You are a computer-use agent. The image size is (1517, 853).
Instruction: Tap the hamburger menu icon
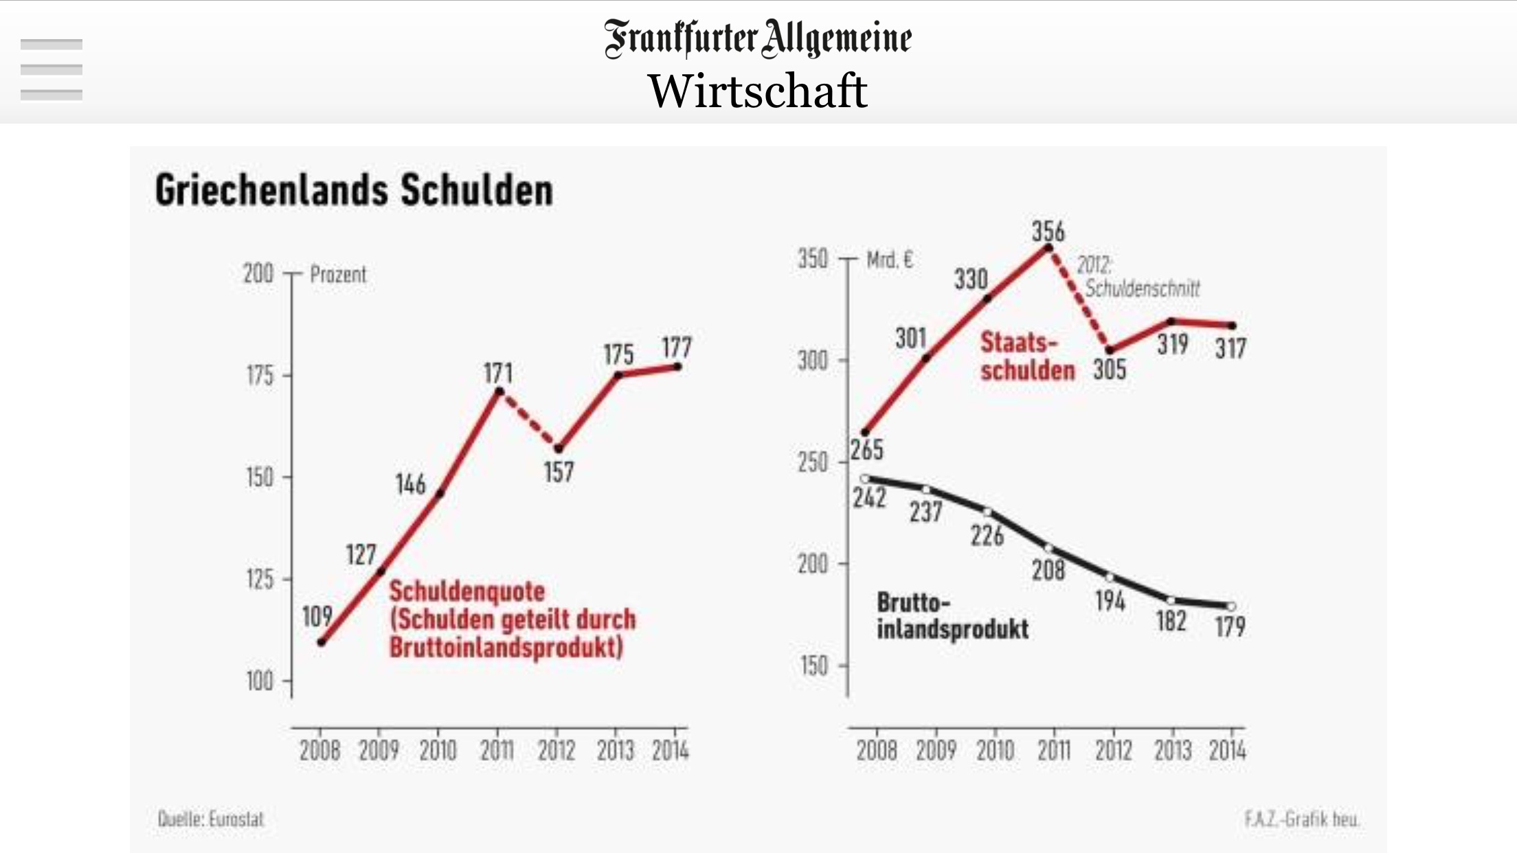tap(52, 69)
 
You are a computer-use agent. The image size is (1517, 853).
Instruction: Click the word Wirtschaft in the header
tap(758, 91)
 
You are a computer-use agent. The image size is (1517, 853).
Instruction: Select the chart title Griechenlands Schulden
tap(354, 190)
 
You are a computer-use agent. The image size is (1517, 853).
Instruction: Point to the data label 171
tap(498, 373)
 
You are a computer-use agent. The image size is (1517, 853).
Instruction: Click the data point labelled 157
tap(559, 449)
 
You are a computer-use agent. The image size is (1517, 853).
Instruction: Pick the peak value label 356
tap(1048, 231)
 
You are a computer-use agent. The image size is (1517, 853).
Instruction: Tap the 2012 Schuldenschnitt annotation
tap(1137, 277)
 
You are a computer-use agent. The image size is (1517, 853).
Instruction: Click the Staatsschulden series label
tap(1026, 356)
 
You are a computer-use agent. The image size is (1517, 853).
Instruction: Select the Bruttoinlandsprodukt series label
tap(952, 616)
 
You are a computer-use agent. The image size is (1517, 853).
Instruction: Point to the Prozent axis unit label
tap(338, 275)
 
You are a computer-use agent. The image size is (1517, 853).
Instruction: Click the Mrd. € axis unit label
tap(890, 260)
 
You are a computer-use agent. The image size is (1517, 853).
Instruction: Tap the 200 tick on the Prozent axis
tap(258, 273)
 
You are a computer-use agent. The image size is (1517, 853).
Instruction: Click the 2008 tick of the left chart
tap(319, 751)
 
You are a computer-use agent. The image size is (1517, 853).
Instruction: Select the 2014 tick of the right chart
tap(1228, 751)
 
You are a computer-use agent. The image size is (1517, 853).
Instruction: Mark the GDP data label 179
tap(1230, 626)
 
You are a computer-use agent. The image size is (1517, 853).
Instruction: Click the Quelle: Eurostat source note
tap(211, 819)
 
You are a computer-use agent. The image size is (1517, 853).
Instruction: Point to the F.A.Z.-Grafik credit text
tap(1301, 819)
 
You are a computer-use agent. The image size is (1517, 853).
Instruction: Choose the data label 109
tap(317, 616)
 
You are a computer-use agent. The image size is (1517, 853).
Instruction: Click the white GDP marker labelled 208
tap(1049, 548)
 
